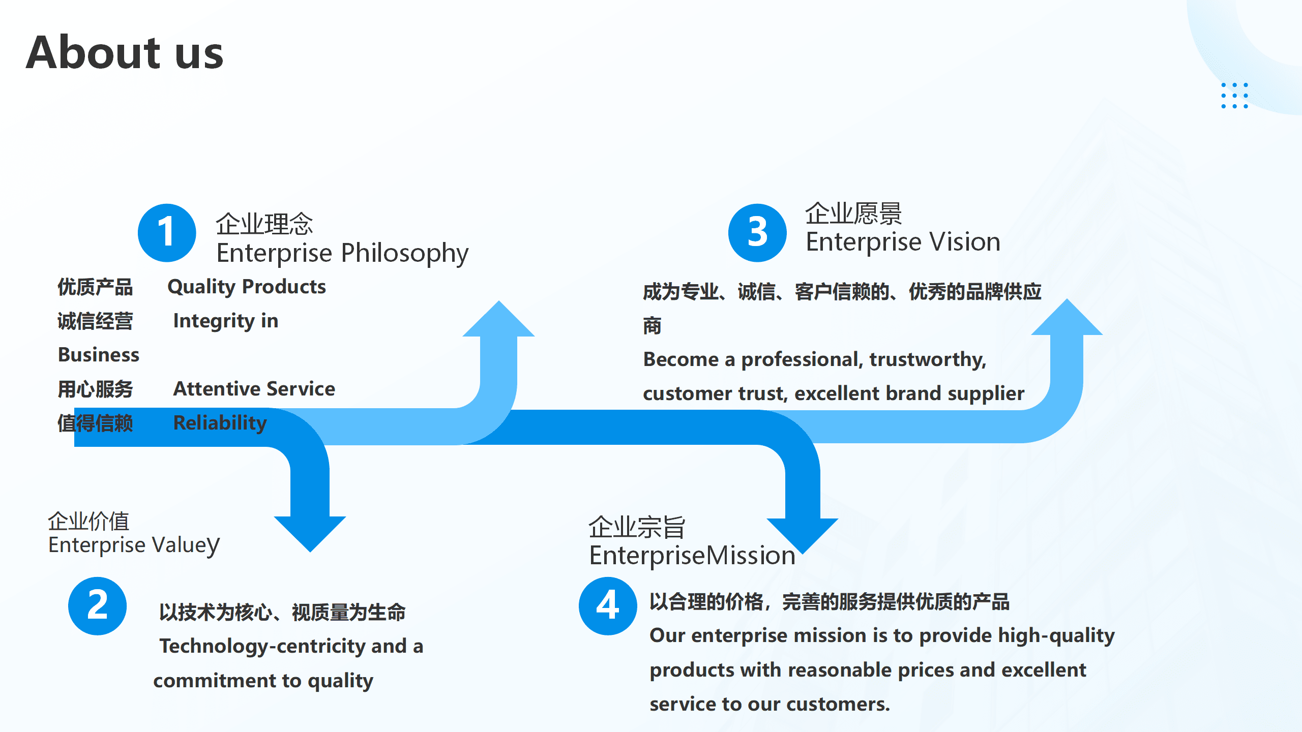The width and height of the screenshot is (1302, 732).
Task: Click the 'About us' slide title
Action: coord(125,53)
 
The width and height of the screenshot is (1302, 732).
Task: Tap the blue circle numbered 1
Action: coord(167,233)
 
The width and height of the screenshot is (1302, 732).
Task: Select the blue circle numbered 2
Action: coord(97,606)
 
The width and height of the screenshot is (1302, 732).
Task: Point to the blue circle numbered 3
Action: coord(757,233)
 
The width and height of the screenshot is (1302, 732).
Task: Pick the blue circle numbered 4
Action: coord(608,606)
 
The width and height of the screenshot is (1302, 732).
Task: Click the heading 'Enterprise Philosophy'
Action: coord(342,253)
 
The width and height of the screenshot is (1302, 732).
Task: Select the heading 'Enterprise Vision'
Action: coord(903,242)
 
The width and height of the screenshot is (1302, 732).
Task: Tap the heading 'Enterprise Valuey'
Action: coord(134,545)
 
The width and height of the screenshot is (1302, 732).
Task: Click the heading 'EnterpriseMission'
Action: coord(692,555)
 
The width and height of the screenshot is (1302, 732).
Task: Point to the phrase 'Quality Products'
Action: coord(247,287)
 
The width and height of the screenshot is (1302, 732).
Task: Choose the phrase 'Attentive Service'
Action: coord(254,389)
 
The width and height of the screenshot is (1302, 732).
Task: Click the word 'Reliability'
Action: coord(220,423)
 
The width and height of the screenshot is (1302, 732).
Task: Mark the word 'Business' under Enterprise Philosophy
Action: coord(99,355)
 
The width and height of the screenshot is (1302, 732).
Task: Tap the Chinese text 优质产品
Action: coord(95,287)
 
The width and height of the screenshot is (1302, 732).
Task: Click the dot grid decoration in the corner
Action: coord(1234,96)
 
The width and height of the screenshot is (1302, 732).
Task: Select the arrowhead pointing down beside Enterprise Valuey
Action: coord(310,531)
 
